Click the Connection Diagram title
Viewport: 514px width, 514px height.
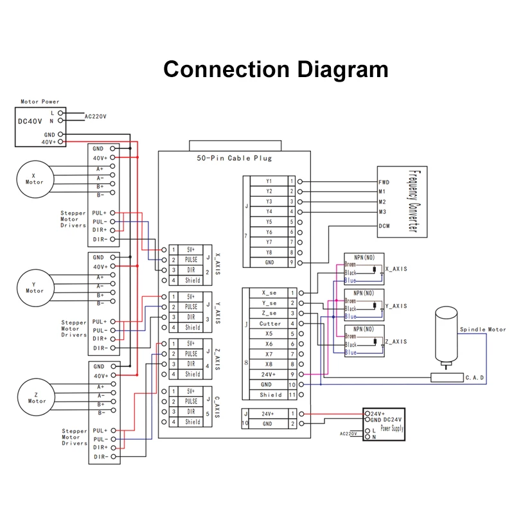tap(276, 69)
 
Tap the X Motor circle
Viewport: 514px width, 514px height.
tap(35, 178)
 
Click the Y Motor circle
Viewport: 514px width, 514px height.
tap(35, 287)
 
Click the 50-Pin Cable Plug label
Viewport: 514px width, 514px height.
tap(234, 157)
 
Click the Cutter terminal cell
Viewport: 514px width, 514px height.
tap(270, 324)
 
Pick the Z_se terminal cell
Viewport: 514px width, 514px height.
tap(270, 313)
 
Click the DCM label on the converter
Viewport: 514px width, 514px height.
tap(384, 226)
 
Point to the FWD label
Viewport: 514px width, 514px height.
tap(384, 182)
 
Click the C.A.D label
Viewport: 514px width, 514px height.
tap(474, 377)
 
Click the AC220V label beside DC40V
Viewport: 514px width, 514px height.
tap(97, 116)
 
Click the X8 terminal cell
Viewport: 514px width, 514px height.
tap(269, 364)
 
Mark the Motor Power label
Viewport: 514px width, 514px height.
tap(40, 102)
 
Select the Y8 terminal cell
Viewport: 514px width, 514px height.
tap(269, 253)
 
